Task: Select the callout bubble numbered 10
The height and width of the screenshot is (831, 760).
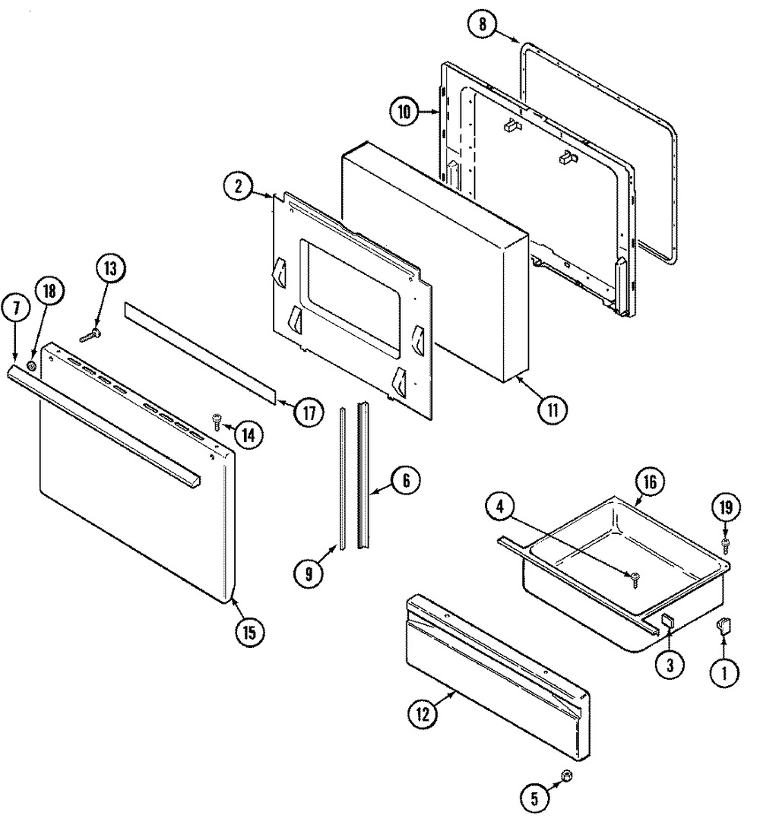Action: point(404,112)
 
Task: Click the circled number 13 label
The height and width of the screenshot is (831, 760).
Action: point(111,270)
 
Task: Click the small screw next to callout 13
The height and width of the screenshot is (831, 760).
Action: point(90,333)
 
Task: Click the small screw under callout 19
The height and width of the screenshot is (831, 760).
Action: point(724,544)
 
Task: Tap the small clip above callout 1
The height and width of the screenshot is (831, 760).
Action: point(723,625)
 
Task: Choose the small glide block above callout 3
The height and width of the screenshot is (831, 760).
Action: point(667,621)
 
